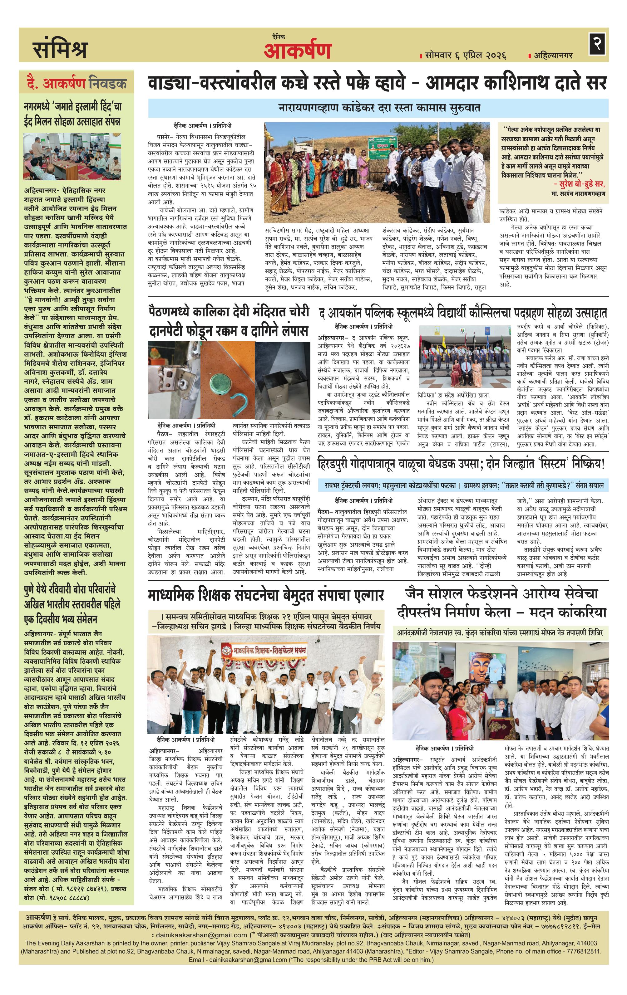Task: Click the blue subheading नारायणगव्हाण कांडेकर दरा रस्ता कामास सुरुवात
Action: (378, 108)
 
